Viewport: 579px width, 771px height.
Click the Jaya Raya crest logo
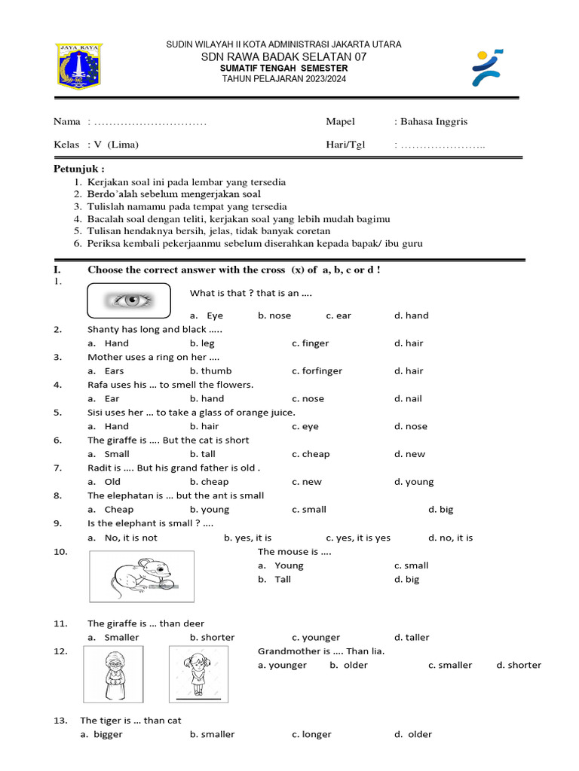[x=79, y=65]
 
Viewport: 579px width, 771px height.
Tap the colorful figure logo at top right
[x=489, y=68]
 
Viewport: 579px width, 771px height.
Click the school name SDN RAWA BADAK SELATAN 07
[x=283, y=56]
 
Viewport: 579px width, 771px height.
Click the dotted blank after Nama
[x=147, y=122]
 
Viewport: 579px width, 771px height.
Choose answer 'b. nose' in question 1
[x=274, y=315]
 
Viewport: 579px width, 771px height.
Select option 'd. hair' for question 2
[x=409, y=343]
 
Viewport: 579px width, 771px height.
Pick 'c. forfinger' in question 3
[x=317, y=371]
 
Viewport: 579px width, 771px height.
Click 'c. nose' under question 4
[x=308, y=399]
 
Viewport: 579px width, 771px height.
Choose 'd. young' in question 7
[x=414, y=482]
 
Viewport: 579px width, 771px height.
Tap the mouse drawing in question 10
[x=141, y=576]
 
